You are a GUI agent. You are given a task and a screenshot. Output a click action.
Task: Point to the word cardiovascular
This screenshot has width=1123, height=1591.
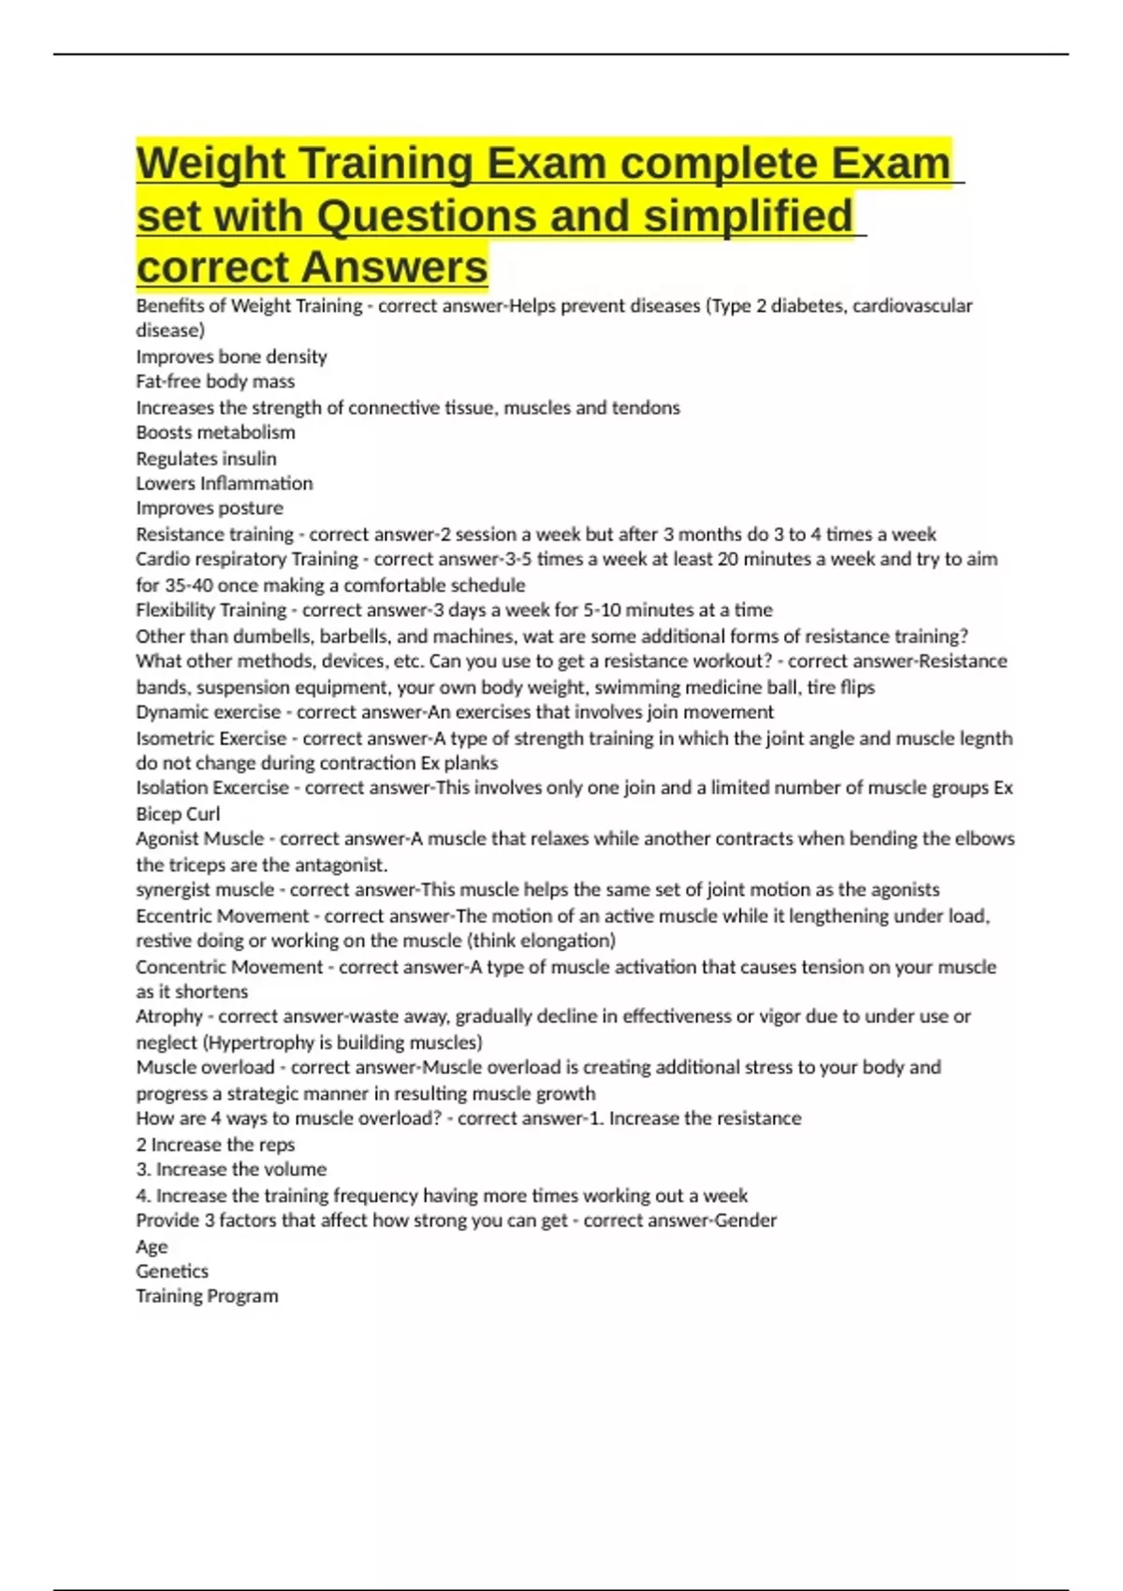(x=916, y=306)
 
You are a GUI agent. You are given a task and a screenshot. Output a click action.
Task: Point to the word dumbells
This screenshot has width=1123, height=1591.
(x=268, y=636)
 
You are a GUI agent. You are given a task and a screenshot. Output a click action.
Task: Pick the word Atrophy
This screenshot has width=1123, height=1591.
(x=168, y=1016)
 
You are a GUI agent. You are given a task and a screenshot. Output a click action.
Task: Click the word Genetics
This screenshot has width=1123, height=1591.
(x=172, y=1271)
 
